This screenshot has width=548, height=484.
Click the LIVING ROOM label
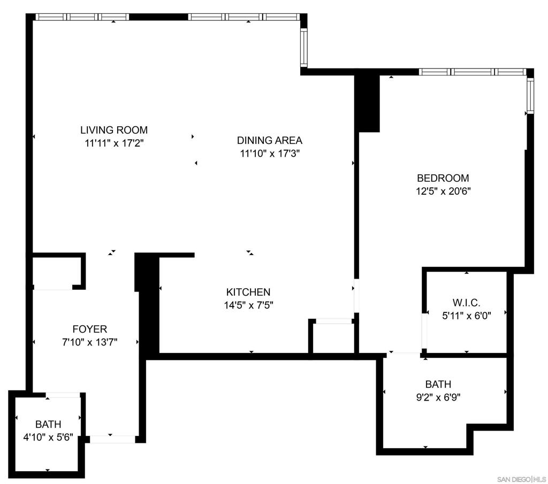coord(114,130)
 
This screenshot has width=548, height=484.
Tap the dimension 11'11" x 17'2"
coord(114,143)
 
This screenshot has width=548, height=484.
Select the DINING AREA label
coord(270,141)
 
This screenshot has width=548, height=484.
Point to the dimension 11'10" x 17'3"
coord(270,154)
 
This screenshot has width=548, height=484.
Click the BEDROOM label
coord(443,178)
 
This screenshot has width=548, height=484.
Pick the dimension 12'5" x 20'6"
coord(443,191)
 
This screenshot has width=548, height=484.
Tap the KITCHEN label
coord(248,292)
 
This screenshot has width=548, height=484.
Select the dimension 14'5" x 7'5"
coord(248,305)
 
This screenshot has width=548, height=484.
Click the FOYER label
coord(90,329)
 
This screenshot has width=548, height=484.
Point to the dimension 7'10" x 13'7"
coord(90,342)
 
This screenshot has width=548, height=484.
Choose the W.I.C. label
coord(466,302)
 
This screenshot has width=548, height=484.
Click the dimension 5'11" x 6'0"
coord(466,316)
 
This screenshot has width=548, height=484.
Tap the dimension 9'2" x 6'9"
coord(438,397)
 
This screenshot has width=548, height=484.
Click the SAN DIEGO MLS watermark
coord(521,478)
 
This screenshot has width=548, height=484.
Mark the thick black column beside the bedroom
coord(368,103)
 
